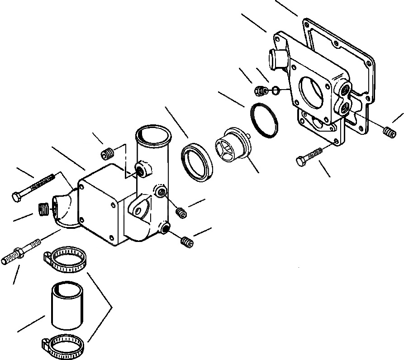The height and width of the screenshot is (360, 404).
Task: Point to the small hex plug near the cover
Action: [x=260, y=91]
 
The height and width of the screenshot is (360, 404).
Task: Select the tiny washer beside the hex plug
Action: [x=274, y=91]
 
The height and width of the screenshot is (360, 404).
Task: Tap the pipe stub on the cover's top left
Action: [x=277, y=59]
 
